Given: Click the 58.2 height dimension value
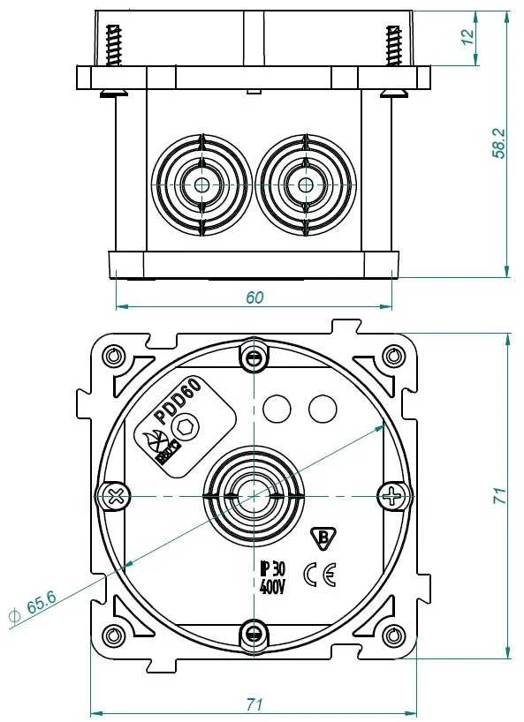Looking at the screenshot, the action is click(x=498, y=143).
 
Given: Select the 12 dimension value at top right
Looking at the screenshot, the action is click(x=467, y=36).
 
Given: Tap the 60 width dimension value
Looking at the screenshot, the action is click(x=254, y=298).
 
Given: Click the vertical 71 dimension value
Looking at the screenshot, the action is click(x=499, y=495).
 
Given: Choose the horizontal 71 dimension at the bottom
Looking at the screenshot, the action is click(x=254, y=704).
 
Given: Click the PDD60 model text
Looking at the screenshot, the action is click(x=178, y=400).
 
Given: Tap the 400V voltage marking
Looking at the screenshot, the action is click(x=272, y=586).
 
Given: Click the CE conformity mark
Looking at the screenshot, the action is click(x=320, y=575).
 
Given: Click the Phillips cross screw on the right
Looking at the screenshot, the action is click(x=393, y=495).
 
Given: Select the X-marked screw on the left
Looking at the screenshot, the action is click(x=114, y=496).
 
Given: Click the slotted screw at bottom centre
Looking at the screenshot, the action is click(x=254, y=636).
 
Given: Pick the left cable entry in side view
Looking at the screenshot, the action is click(x=201, y=185).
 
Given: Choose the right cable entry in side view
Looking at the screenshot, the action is click(x=305, y=185).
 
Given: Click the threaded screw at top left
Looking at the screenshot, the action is click(x=114, y=46).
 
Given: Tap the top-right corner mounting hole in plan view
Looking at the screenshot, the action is click(x=393, y=356).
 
